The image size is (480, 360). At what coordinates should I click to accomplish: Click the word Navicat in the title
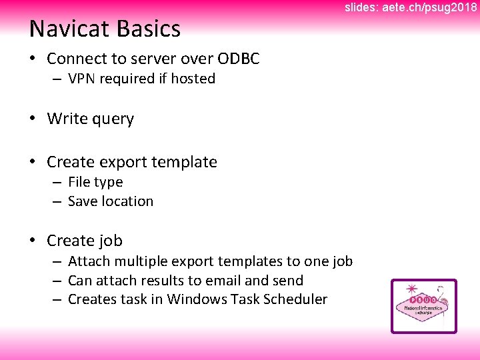pos(70,29)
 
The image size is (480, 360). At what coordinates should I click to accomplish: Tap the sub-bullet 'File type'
pos(95,182)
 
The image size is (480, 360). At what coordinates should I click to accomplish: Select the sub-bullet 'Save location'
pos(111,201)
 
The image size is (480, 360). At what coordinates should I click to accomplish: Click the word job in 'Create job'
pos(111,241)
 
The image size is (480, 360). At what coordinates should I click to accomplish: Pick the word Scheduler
pos(295,299)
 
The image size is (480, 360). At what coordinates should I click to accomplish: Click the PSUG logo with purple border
pos(423,306)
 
